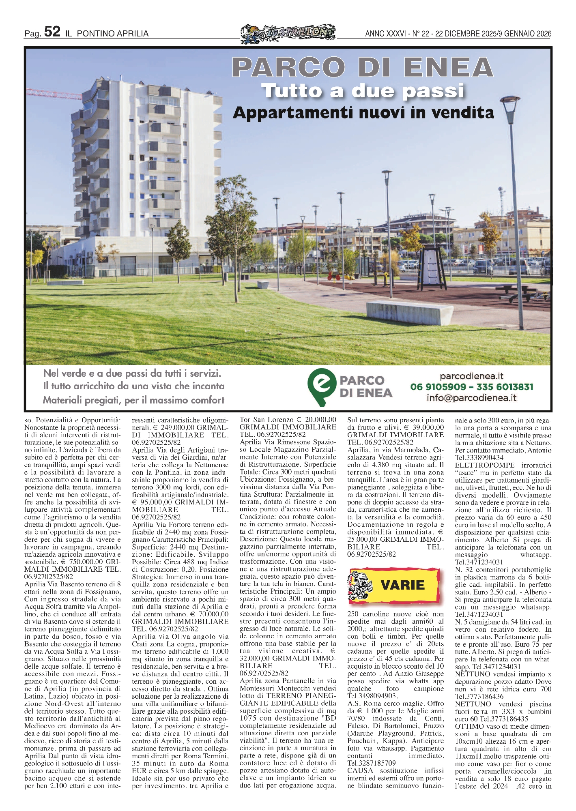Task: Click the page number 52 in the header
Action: click(x=52, y=32)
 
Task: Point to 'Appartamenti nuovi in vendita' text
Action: click(x=363, y=112)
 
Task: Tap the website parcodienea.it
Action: click(x=471, y=376)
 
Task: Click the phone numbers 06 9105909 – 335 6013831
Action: click(x=471, y=387)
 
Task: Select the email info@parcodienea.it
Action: click(x=471, y=398)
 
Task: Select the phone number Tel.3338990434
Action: click(x=479, y=458)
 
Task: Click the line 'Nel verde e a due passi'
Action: click(x=132, y=373)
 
